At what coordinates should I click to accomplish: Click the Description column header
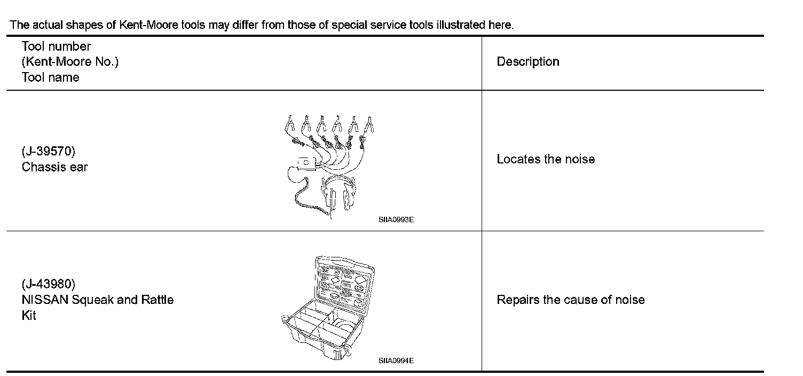[x=528, y=62]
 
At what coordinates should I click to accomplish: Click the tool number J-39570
[x=49, y=152]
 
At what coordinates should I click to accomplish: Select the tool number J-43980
[x=49, y=284]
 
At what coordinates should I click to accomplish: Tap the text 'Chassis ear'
[x=54, y=167]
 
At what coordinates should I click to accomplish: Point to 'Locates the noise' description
[x=545, y=159]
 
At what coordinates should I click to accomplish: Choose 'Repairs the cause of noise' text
[x=570, y=300]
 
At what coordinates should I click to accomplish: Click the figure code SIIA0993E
[x=396, y=220]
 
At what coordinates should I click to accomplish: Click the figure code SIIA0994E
[x=396, y=361]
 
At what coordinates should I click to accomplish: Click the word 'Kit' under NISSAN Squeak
[x=29, y=316]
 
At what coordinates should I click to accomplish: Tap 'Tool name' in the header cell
[x=50, y=77]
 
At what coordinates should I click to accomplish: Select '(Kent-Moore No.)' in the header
[x=70, y=62]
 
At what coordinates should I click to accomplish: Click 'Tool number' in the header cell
[x=56, y=46]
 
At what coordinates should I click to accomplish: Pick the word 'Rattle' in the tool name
[x=157, y=300]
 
